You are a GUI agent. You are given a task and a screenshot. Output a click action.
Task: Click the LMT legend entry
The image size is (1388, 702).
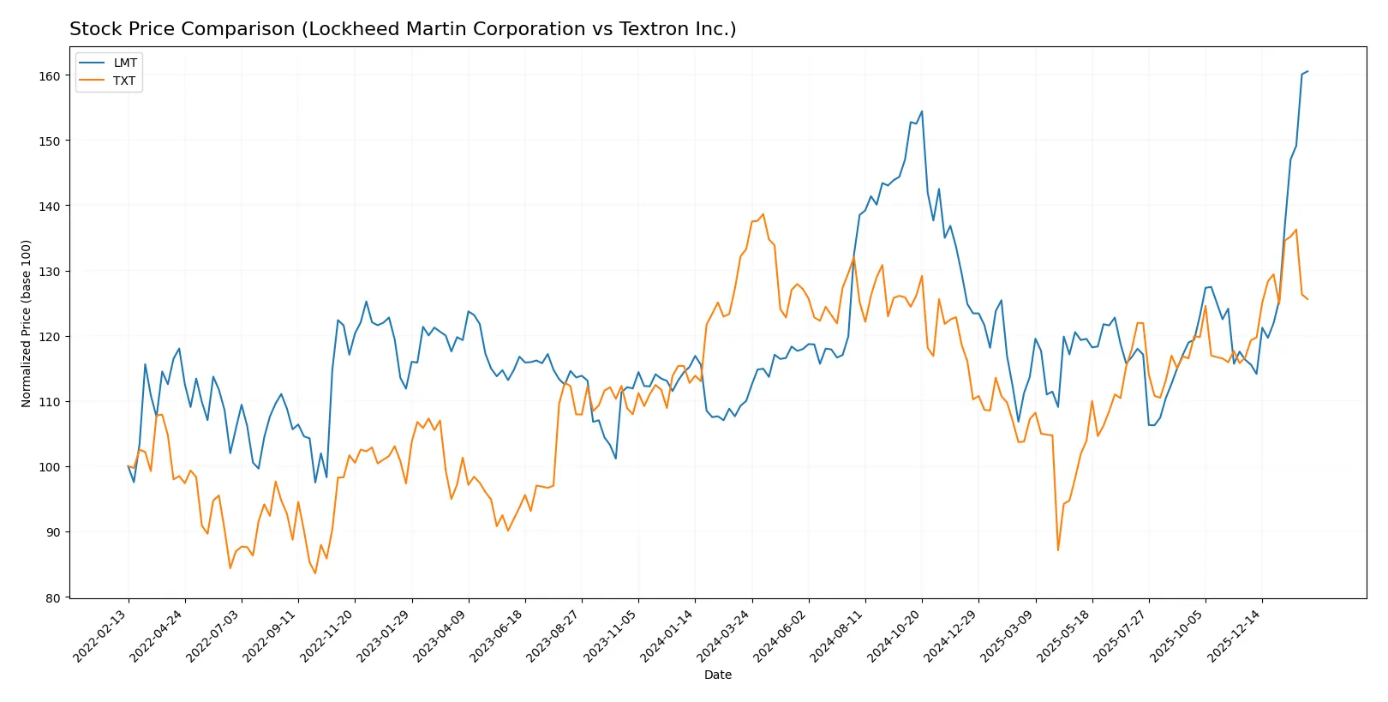click(x=124, y=63)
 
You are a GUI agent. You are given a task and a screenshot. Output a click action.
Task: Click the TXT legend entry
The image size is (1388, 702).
click(x=124, y=81)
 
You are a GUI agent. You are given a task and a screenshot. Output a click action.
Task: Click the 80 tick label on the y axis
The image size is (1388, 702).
click(x=53, y=598)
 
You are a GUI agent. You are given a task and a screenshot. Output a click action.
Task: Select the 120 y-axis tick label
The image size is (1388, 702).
click(x=50, y=337)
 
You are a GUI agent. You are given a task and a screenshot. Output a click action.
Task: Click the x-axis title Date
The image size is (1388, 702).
click(x=717, y=675)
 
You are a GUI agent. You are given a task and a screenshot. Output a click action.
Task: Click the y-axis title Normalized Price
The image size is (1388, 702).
click(x=26, y=323)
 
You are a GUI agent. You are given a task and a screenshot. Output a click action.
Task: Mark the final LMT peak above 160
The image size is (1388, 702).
click(x=1307, y=71)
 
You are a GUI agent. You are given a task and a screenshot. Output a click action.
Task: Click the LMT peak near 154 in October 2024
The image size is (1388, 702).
click(x=922, y=111)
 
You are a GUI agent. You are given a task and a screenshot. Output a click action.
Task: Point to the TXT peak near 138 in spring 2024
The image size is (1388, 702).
click(x=763, y=214)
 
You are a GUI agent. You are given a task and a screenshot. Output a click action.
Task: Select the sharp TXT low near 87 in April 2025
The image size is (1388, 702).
click(x=1058, y=550)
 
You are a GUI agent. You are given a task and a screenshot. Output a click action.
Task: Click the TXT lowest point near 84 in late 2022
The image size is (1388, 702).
click(x=315, y=573)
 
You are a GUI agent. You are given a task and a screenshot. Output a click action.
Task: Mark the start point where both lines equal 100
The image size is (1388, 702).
click(x=129, y=466)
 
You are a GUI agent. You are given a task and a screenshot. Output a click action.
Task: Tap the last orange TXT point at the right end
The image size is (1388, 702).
click(x=1307, y=299)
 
